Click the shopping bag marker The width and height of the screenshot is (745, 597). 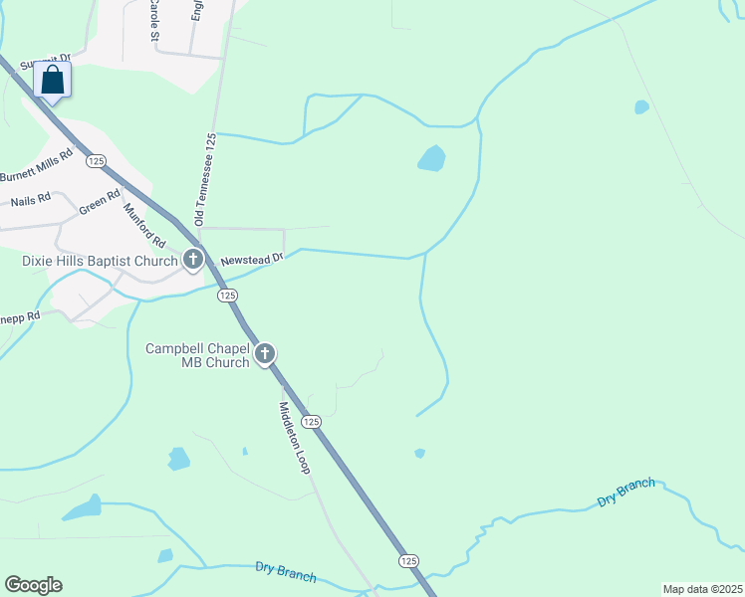[x=53, y=80]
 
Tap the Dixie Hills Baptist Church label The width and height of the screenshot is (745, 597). [x=100, y=262]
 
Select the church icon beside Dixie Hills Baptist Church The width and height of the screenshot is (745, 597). [x=193, y=261]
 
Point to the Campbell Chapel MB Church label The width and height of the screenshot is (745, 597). [x=197, y=355]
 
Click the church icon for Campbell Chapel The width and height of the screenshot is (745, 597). [x=265, y=353]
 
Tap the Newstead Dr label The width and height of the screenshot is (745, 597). [x=253, y=258]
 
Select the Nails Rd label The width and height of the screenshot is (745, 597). [x=30, y=201]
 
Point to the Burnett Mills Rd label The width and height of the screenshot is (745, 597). [x=37, y=165]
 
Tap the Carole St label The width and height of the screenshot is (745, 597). [x=153, y=20]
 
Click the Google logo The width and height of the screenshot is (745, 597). [x=33, y=585]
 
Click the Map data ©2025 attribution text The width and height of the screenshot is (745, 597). [x=702, y=589]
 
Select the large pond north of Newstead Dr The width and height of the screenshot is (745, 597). [x=431, y=158]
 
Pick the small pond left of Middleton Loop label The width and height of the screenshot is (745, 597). [x=179, y=459]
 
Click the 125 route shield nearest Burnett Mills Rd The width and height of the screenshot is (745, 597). [x=96, y=160]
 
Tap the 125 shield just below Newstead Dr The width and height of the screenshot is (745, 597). [x=228, y=296]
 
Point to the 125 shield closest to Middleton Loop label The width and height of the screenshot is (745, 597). [x=312, y=422]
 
